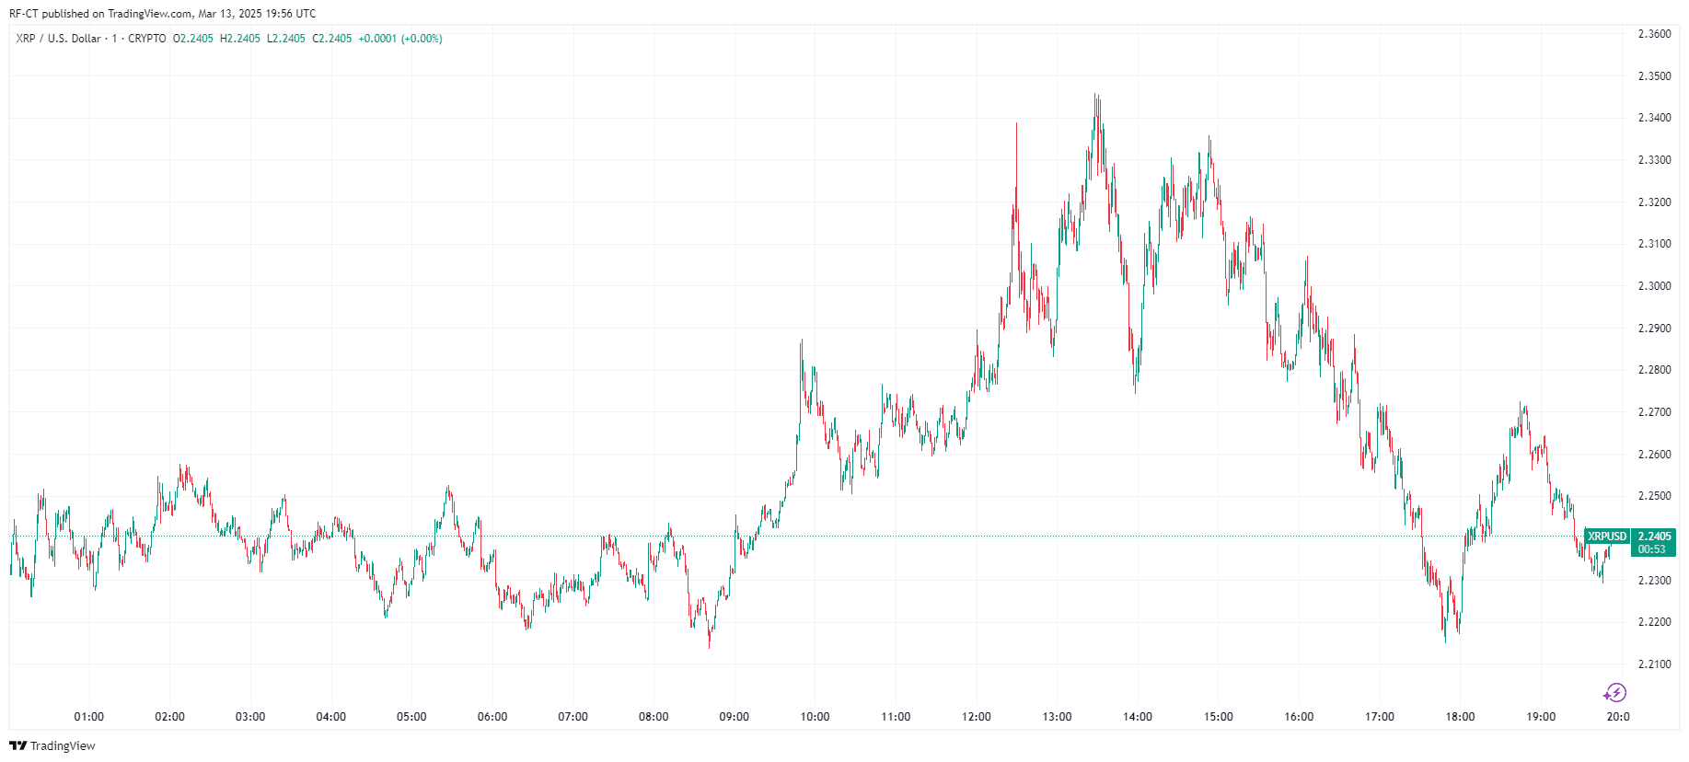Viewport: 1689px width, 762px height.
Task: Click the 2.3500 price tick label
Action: pyautogui.click(x=1654, y=76)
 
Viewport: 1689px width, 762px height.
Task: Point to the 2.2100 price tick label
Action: pyautogui.click(x=1654, y=664)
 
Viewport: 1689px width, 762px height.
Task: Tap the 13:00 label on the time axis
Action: pyautogui.click(x=1057, y=717)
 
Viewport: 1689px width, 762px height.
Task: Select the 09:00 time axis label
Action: pyautogui.click(x=734, y=717)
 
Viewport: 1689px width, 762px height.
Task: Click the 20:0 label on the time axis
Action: pyautogui.click(x=1618, y=717)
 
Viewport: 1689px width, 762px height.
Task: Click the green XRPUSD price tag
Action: pyautogui.click(x=1607, y=537)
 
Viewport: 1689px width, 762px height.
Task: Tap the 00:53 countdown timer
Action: pyautogui.click(x=1651, y=549)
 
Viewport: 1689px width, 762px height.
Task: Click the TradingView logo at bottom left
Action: pyautogui.click(x=52, y=745)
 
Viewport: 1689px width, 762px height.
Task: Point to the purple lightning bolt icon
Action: pyautogui.click(x=1615, y=692)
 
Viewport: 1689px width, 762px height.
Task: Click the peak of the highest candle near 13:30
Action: pyautogui.click(x=1095, y=94)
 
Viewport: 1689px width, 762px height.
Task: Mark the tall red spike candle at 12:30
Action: pyautogui.click(x=1016, y=123)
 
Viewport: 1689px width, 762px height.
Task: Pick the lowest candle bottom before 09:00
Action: pyautogui.click(x=709, y=648)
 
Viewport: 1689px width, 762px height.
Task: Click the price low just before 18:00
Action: pyautogui.click(x=1445, y=641)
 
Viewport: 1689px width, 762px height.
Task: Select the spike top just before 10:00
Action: pyautogui.click(x=802, y=341)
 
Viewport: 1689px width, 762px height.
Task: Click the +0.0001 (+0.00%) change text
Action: pyautogui.click(x=400, y=39)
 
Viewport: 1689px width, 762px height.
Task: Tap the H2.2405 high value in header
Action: pyautogui.click(x=239, y=39)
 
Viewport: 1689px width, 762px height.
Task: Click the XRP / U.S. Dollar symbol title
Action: pyautogui.click(x=58, y=39)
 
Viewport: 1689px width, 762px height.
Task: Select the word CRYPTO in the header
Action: pyautogui.click(x=147, y=39)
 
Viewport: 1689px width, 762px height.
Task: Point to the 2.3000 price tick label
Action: pyautogui.click(x=1654, y=286)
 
